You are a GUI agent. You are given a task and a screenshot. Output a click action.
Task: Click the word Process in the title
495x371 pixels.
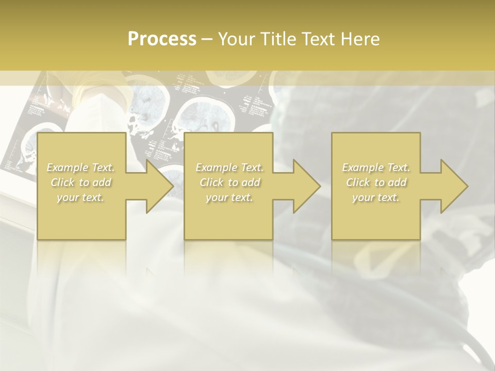162,39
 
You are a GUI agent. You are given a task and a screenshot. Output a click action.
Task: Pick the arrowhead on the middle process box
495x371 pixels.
306,186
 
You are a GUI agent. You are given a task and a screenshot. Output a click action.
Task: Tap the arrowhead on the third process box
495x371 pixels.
454,186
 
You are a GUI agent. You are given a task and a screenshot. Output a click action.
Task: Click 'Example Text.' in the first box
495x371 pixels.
80,167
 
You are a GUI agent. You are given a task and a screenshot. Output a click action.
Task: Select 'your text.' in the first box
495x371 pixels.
80,197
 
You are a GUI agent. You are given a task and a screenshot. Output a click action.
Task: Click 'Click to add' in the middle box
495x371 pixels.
229,182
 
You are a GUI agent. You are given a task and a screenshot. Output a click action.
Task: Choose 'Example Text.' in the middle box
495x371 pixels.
229,167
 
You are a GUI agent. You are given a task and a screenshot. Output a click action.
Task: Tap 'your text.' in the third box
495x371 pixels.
375,197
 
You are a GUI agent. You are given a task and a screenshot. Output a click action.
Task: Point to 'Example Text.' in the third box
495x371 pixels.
375,167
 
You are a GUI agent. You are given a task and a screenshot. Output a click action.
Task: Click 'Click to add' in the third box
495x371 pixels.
375,182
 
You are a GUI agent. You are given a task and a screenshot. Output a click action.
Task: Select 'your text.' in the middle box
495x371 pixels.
229,197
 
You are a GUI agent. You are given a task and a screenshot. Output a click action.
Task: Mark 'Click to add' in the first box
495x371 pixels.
80,182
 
